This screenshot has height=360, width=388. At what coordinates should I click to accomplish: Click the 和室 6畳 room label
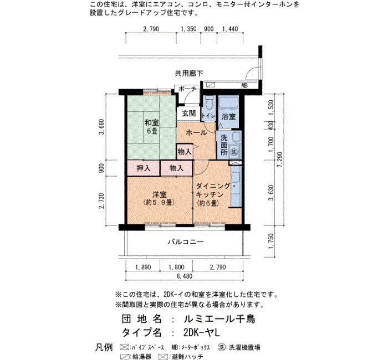tap(152, 126)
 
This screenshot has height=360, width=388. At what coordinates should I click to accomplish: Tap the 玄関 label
tap(189, 114)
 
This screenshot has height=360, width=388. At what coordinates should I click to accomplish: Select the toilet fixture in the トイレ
tap(210, 102)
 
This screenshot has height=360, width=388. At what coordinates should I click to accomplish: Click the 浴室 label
tap(228, 116)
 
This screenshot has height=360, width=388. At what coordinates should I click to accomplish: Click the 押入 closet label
tap(144, 168)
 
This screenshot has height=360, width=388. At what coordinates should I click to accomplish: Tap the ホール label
tap(196, 133)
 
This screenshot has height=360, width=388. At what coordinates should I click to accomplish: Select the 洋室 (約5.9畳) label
tap(159, 198)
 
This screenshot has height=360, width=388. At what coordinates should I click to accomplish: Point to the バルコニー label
tap(186, 241)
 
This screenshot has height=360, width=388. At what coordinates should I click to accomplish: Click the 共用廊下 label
tap(189, 74)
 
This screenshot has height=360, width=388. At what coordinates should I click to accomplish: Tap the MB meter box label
tap(244, 86)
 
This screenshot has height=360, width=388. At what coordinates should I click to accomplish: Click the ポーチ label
tap(187, 89)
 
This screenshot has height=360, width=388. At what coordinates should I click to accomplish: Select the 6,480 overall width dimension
tap(185, 276)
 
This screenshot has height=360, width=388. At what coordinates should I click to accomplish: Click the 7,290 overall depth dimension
tap(279, 160)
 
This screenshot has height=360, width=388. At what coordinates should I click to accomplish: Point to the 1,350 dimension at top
tap(188, 29)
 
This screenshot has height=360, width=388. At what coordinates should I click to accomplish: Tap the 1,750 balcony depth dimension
tap(271, 241)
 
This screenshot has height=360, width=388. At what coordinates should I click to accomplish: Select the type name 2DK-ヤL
tap(201, 332)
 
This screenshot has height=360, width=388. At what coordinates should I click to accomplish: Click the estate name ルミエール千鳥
tap(219, 318)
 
